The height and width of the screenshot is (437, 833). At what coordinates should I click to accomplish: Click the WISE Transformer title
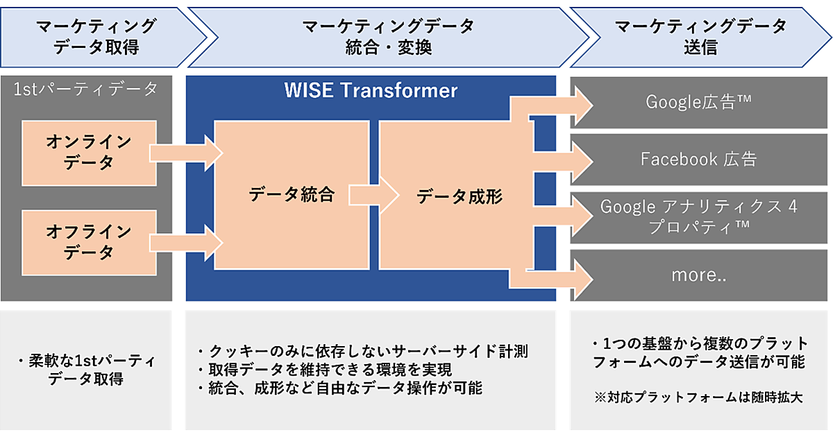(371, 90)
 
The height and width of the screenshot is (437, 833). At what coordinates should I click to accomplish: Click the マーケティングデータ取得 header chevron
(94, 37)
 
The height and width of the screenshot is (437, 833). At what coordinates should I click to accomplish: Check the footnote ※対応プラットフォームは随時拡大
(697, 398)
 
